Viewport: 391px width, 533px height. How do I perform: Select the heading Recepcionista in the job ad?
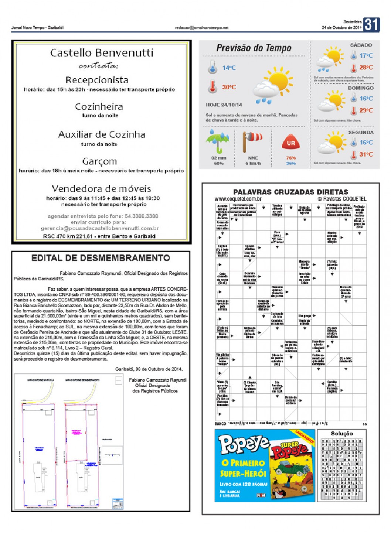point(97,80)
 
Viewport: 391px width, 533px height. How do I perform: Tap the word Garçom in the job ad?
point(99,161)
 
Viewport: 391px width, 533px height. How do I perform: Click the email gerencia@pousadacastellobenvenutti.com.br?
point(99,228)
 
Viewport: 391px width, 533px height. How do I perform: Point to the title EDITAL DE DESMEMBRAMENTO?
point(101,258)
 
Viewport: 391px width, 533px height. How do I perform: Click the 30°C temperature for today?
point(229,87)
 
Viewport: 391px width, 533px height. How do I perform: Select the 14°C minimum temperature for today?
point(229,68)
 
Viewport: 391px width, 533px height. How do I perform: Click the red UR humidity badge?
point(291,143)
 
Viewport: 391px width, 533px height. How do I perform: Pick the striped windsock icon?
point(252,141)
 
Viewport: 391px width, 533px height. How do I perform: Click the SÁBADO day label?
point(361,45)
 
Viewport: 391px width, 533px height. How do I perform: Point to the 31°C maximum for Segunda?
point(366,154)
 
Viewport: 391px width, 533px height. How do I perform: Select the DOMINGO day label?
point(360,88)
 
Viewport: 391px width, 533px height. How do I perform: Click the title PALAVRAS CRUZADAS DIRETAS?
point(290,192)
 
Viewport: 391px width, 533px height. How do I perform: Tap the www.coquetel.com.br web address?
point(238,199)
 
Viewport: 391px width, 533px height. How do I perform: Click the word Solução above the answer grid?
point(341,434)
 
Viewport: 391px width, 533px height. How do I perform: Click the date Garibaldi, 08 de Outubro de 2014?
point(149,369)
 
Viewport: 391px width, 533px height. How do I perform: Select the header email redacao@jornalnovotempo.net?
point(201,28)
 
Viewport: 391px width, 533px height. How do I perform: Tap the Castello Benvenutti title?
point(102,53)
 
